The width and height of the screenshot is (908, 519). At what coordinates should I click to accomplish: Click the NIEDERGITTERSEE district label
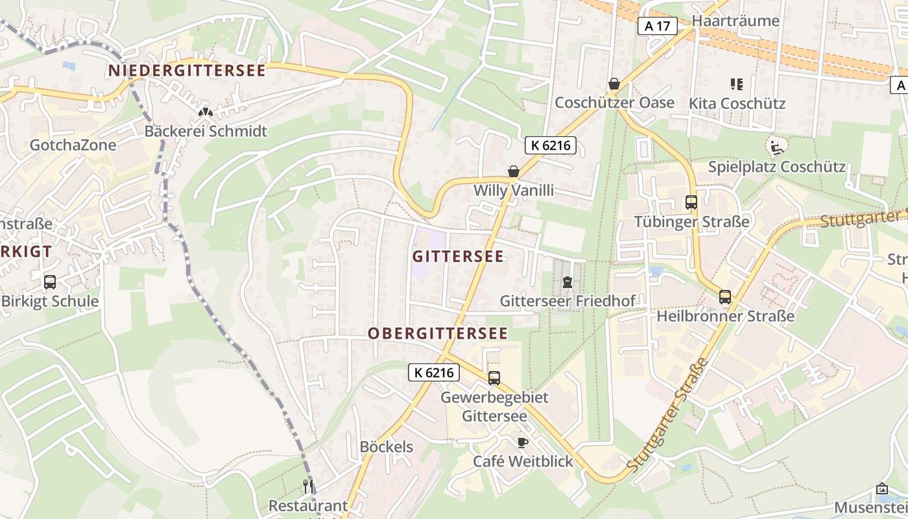pos(187,70)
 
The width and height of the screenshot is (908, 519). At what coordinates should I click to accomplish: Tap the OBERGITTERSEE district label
pos(438,333)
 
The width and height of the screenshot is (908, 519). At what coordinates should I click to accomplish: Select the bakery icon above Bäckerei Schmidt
pos(206,112)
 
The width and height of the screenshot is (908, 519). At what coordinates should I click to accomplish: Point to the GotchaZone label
pos(73,145)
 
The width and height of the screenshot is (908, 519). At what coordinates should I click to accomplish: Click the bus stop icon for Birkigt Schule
pos(50,282)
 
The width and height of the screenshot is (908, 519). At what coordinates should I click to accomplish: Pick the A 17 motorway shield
pos(658,26)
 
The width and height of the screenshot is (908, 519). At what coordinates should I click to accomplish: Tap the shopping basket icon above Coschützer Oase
pos(614,84)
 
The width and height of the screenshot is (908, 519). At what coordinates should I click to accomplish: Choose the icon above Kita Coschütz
pos(737,84)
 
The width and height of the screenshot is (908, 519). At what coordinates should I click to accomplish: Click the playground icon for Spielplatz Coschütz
pos(776,147)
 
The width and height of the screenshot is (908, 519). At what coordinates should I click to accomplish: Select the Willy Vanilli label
pos(514,191)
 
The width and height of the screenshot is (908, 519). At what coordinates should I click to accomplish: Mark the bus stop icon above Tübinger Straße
pos(691,202)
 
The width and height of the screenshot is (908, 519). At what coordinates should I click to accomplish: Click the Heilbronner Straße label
pos(725,317)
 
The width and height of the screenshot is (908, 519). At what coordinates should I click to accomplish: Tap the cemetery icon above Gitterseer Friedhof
pos(567,282)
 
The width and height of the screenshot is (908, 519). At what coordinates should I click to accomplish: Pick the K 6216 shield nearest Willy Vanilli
pos(551,145)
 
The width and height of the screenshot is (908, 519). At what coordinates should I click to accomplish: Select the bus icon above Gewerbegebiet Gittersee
pos(494,378)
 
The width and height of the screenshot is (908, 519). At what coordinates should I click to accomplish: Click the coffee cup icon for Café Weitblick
pos(523,442)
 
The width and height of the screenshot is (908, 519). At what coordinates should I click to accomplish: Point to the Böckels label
pos(387,447)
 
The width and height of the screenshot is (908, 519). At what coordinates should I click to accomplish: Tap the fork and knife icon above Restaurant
pos(308,486)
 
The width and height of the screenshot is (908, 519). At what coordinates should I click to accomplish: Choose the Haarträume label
pos(735,21)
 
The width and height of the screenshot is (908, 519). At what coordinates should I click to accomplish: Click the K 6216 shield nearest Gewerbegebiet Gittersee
pos(435,372)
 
